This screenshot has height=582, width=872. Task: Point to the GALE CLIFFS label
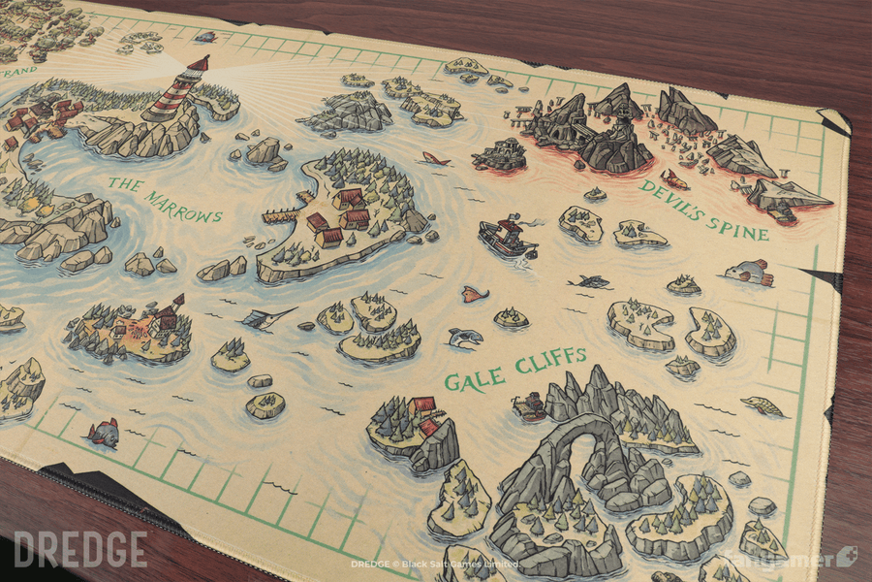coord(514,368)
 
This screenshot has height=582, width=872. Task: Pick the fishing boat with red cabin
coord(506,237)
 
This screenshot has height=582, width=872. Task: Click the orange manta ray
coord(474,293)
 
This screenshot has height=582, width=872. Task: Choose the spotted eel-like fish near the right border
coord(763,406)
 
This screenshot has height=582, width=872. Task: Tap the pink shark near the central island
coord(436,158)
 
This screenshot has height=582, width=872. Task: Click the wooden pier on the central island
coord(280,214)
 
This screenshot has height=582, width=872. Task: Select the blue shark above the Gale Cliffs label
coord(464,338)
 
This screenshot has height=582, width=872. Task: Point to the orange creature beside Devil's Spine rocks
coord(674,180)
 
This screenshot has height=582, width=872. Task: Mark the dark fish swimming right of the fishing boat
coord(590,281)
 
